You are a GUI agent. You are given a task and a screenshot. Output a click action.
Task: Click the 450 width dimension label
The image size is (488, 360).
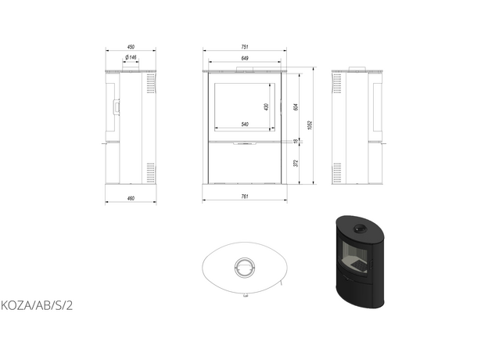pyautogui.click(x=131, y=45)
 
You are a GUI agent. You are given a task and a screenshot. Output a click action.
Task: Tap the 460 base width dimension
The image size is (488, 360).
pyautogui.click(x=131, y=199)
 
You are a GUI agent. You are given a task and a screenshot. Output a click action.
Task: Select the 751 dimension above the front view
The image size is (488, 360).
pyautogui.click(x=245, y=45)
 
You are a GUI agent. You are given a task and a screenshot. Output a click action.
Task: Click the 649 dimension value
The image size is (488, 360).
pyautogui.click(x=245, y=58)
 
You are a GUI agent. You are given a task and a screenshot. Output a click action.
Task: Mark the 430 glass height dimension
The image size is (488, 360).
pyautogui.click(x=266, y=106)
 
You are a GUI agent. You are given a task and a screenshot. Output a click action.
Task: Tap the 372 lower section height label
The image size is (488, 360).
pyautogui.click(x=295, y=164)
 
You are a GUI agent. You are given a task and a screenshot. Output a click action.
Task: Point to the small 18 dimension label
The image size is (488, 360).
pyautogui.click(x=295, y=142)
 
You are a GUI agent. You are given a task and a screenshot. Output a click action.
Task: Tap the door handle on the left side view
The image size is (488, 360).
pyautogui.click(x=118, y=106)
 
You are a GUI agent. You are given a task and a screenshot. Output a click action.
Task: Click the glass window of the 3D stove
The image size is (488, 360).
pyautogui.click(x=357, y=255)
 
